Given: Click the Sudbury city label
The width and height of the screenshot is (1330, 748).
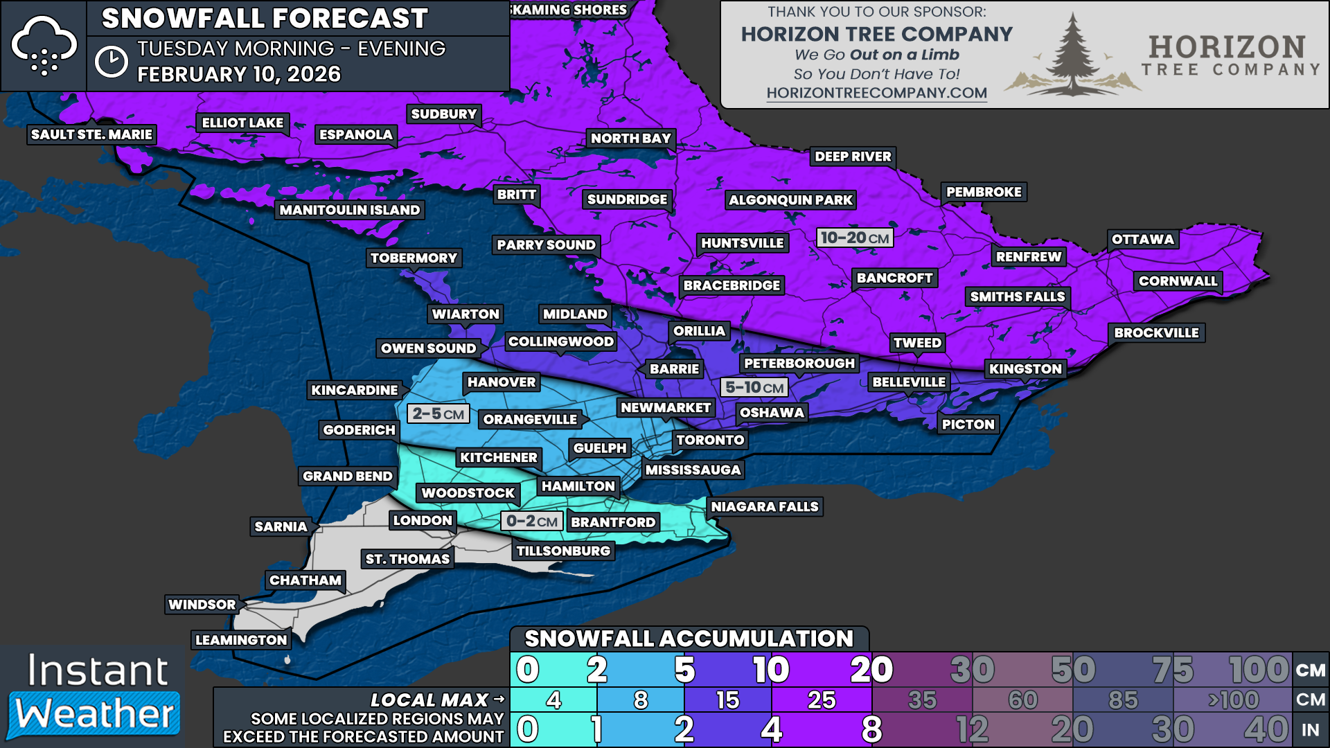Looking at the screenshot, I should pyautogui.click(x=444, y=114).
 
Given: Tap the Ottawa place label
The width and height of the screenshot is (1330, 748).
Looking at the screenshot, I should pyautogui.click(x=1142, y=240).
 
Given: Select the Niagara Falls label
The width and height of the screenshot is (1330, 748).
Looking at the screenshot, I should pyautogui.click(x=764, y=507).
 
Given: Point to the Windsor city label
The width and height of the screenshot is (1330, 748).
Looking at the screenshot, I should pyautogui.click(x=202, y=605).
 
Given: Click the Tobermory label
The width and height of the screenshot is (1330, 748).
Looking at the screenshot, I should pyautogui.click(x=414, y=258).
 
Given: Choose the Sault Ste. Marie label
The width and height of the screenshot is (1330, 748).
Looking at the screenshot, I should pyautogui.click(x=91, y=134).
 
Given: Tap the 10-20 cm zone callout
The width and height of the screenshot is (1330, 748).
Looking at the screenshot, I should pyautogui.click(x=854, y=238).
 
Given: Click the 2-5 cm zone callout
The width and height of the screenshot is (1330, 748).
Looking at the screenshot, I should pyautogui.click(x=438, y=414).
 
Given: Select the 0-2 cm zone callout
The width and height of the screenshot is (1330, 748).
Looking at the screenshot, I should pyautogui.click(x=531, y=522).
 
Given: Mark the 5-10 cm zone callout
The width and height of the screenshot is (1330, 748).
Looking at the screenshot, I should pyautogui.click(x=754, y=388).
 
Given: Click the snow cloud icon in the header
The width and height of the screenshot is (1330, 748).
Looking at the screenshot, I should pyautogui.click(x=44, y=46).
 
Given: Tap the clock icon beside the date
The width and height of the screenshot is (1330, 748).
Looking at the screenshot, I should pyautogui.click(x=111, y=62).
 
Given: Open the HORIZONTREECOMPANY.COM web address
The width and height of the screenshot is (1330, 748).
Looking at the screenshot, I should pyautogui.click(x=876, y=93).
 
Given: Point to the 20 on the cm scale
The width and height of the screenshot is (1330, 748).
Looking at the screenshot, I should pyautogui.click(x=871, y=670).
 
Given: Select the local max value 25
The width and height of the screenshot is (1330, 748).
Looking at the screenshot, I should pyautogui.click(x=821, y=700).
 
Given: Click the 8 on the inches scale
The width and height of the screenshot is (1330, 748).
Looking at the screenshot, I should pyautogui.click(x=871, y=729).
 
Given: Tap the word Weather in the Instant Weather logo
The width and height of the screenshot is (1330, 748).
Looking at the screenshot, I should pyautogui.click(x=95, y=714).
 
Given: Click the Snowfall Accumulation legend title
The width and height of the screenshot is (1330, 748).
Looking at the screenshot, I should pyautogui.click(x=689, y=639).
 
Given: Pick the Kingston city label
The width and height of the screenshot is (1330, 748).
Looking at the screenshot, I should pyautogui.click(x=1025, y=369).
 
